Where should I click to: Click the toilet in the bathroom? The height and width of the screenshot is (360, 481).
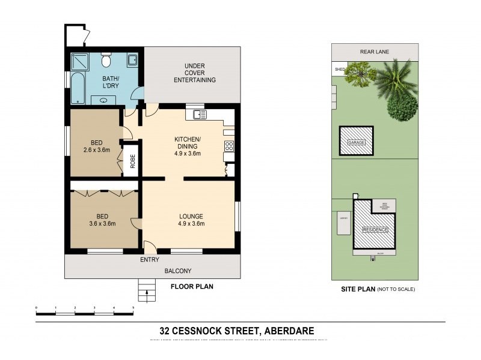point(106,61)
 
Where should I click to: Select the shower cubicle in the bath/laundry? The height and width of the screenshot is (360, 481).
point(79,62)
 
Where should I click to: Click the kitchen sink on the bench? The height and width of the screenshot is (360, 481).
point(199,114)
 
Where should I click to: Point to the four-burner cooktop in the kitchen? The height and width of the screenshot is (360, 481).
point(228,146)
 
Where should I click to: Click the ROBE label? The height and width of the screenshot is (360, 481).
point(132,162)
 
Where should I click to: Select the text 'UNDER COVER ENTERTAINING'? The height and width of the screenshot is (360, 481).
point(194,73)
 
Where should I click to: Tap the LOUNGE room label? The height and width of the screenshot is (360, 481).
point(191,216)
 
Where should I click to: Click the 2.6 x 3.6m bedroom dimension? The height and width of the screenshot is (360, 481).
point(96,150)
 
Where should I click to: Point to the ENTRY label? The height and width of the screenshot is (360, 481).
point(149,260)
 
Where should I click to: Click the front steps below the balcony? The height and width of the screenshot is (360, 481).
point(146,292)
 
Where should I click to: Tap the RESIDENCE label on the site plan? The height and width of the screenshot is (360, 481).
point(375,230)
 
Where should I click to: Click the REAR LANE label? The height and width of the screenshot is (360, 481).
point(375,52)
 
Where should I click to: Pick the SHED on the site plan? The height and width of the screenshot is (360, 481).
point(339,69)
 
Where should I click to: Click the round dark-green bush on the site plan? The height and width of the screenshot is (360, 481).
point(402,107)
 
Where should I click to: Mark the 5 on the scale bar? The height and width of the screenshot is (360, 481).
point(133,307)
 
